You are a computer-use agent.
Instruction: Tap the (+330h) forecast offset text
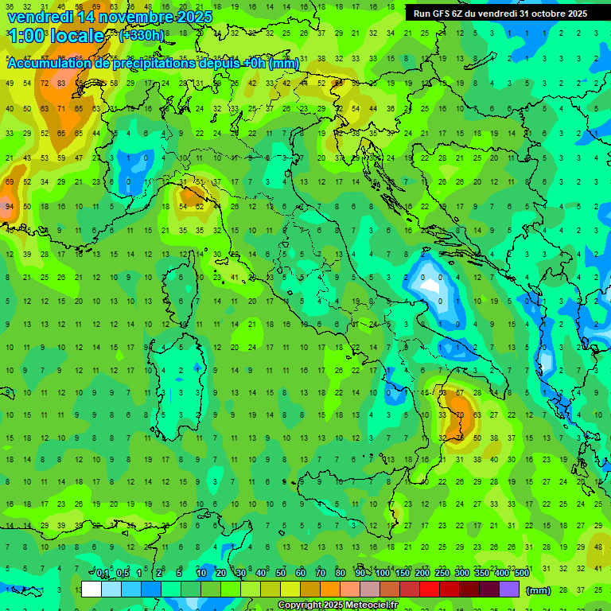click(x=142, y=36)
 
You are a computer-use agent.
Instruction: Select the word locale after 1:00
click(x=74, y=36)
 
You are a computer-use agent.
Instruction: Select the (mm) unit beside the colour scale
click(x=539, y=590)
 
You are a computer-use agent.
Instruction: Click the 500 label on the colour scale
click(x=521, y=573)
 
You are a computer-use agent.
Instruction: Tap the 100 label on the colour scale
click(x=383, y=573)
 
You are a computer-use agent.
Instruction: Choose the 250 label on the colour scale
click(x=442, y=573)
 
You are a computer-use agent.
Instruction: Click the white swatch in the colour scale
click(x=91, y=590)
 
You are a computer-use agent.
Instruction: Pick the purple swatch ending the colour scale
click(x=509, y=590)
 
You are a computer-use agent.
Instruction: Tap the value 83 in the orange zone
click(x=60, y=83)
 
